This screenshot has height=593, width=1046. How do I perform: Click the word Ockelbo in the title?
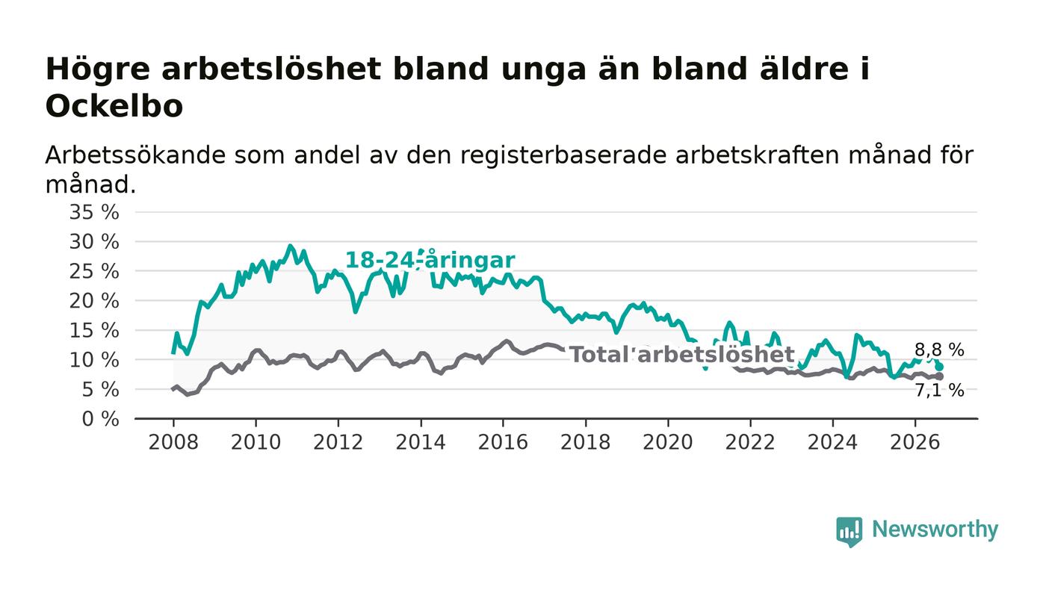tap(114, 106)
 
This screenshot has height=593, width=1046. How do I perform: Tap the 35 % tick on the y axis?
tap(94, 212)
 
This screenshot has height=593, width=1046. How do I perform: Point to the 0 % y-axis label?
tap(100, 419)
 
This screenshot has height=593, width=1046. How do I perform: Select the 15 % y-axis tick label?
tap(94, 331)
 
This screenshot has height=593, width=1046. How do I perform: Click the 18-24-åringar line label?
tap(430, 260)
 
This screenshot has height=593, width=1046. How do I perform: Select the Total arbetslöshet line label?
tap(682, 355)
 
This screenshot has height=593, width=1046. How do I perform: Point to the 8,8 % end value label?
tap(939, 350)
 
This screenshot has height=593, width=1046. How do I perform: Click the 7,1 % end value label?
tap(939, 391)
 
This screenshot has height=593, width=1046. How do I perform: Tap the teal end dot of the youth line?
tap(939, 367)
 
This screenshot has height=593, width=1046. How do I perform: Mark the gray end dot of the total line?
tap(939, 376)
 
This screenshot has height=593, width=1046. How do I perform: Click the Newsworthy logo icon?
tap(850, 531)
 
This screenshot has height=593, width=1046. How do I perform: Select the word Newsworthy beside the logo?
tap(935, 530)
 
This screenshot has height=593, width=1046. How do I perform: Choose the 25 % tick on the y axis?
tap(94, 271)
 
